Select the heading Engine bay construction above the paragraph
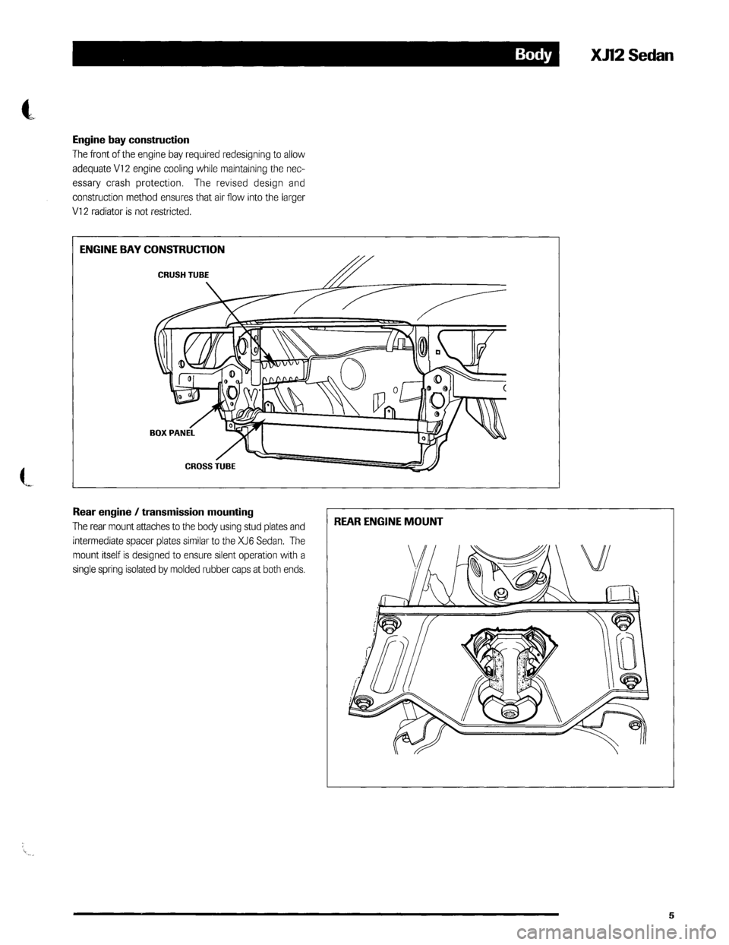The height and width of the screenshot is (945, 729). [131, 141]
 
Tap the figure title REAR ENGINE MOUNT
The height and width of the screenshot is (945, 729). [387, 522]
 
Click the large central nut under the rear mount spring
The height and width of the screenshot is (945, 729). [507, 711]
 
